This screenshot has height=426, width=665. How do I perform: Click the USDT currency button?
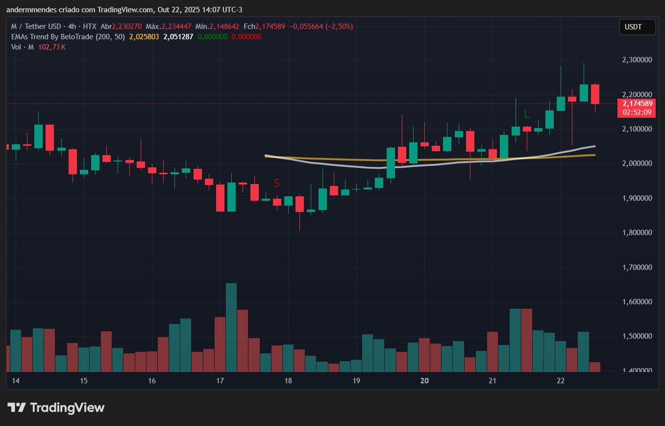(637, 27)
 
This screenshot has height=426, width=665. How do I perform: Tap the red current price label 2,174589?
(637, 104)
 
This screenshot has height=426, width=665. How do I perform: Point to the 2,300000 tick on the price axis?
(637, 60)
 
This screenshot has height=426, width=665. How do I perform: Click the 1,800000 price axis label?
(637, 233)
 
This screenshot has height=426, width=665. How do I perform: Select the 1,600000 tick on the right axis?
(637, 302)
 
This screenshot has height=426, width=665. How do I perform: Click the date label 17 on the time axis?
(220, 381)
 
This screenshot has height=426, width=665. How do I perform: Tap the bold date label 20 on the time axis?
(425, 381)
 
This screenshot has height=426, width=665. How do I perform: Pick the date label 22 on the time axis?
(561, 381)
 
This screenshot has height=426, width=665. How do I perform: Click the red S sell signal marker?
(277, 183)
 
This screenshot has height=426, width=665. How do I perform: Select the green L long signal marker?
(527, 114)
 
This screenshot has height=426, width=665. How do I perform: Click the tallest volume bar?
(231, 327)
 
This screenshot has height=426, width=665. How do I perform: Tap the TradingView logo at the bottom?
(56, 407)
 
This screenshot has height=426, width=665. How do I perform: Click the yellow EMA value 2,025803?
(144, 37)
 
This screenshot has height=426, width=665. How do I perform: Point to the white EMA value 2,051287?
(178, 37)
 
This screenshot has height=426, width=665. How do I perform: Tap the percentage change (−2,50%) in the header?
(336, 26)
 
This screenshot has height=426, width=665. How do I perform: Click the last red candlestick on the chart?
(595, 94)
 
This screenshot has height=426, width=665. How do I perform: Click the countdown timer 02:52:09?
(637, 112)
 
